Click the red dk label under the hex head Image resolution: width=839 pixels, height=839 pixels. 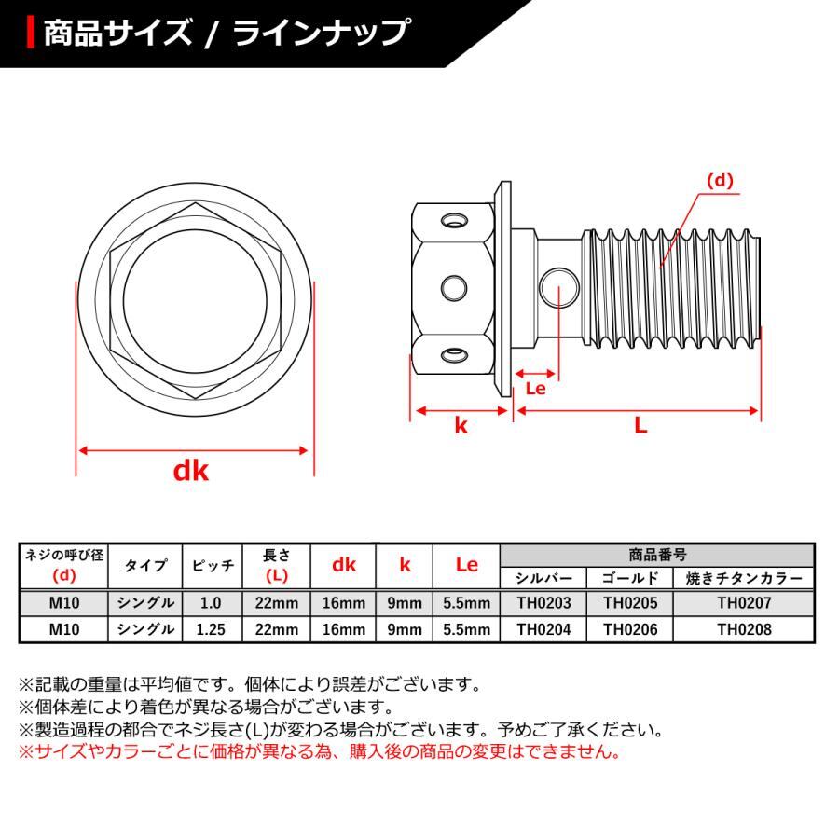coord(191,471)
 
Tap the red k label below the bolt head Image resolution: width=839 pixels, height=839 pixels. coord(461,426)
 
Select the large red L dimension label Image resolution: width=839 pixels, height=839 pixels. coord(640,425)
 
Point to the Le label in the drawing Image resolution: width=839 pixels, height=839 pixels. coord(535,389)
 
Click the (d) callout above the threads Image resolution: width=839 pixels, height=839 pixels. coord(721,182)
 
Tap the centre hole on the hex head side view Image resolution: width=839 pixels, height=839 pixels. coord(455,286)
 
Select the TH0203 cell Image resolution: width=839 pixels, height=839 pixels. coord(543,603)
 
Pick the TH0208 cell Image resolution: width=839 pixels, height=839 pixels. coord(744,629)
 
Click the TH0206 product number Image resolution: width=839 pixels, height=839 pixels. coord(630,629)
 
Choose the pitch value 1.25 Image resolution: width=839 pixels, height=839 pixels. coord(212,629)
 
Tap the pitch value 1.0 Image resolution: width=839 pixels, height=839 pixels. coord(212,603)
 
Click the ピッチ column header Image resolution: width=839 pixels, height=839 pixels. coord(212,565)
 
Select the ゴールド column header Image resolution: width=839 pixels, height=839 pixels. coord(630,578)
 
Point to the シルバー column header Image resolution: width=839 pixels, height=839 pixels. coord(543,578)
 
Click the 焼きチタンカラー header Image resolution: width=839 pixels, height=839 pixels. coord(744,578)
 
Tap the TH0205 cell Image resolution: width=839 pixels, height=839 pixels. coord(630,603)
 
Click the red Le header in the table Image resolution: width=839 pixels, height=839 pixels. coord(466,565)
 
